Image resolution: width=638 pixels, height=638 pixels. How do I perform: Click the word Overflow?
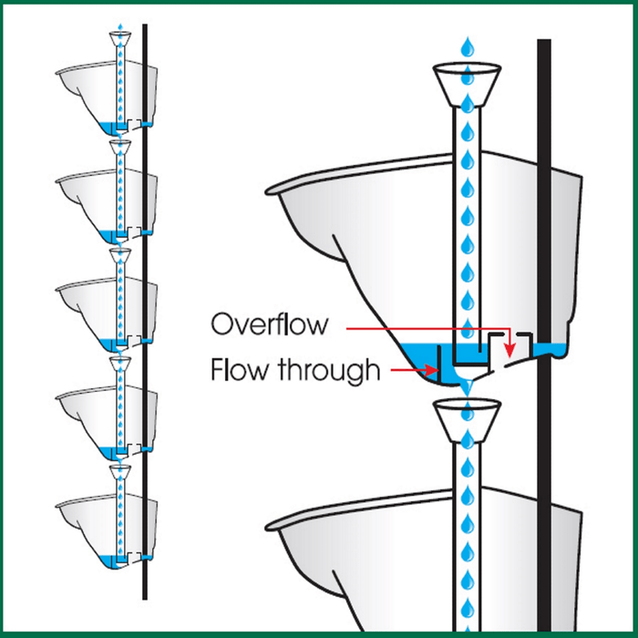point(262,324)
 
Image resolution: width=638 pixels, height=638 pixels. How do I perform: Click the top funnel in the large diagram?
point(468,81)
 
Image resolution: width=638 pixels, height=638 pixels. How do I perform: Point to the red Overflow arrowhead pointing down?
point(510,350)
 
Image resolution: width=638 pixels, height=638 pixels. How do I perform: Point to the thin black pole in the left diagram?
point(145,273)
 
